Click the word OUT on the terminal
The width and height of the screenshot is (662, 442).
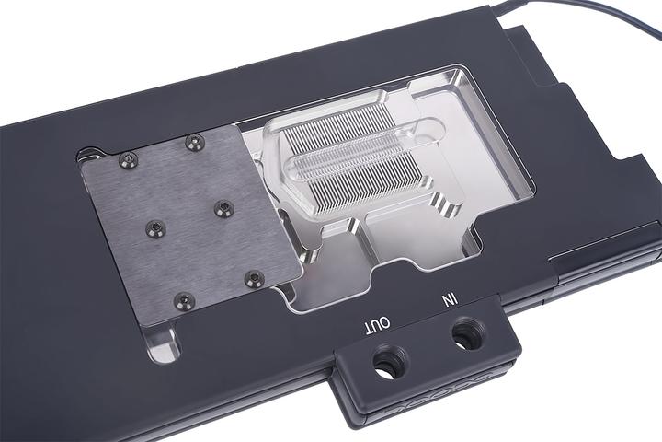[378, 323]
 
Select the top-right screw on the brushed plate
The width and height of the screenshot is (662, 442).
[193, 141]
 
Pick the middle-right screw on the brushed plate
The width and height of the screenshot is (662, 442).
[222, 208]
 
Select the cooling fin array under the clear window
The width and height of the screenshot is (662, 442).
[349, 157]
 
